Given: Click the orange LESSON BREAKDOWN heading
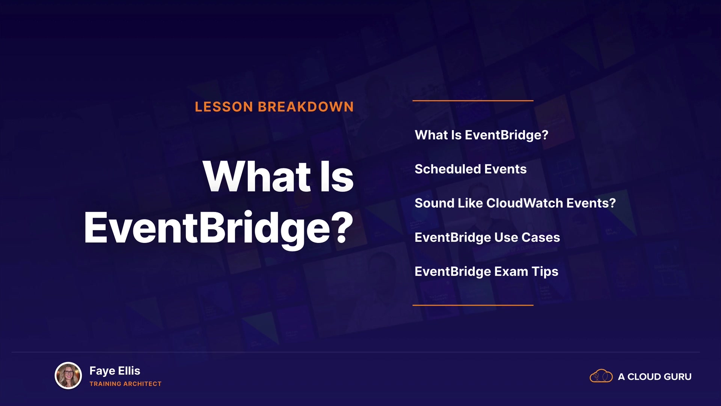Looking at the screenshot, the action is point(274,107).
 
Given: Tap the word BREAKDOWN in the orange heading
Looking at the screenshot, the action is point(306,107).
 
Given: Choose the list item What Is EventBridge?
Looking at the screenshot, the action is point(481,135).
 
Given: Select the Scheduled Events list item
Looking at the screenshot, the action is point(471,169).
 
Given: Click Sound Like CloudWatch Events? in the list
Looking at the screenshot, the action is point(515,203).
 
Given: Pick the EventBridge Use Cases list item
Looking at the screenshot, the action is point(487,238).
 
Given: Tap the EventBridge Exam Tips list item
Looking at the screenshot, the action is point(486,272).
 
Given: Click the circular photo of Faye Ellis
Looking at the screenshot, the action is point(68,376).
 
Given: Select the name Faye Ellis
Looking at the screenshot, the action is point(115,371).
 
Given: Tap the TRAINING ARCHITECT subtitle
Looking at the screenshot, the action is point(125,384).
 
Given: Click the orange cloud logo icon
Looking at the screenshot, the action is point(601,376).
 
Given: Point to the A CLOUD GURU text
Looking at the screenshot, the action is point(655,377).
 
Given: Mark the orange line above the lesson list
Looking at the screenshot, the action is point(473,101).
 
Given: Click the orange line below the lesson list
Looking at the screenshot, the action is point(473,305).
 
